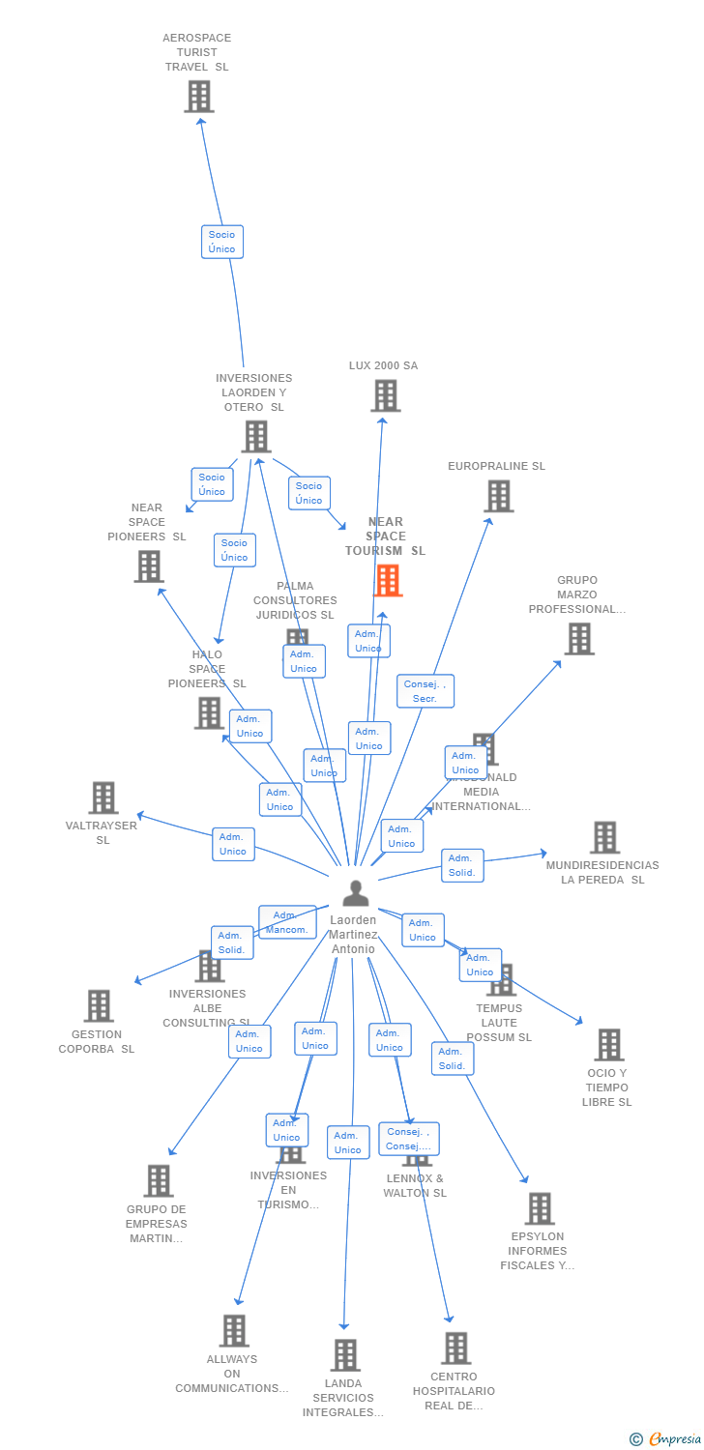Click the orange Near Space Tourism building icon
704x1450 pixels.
(x=388, y=581)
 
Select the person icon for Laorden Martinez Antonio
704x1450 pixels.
(x=356, y=893)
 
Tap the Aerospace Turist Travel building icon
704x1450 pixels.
(x=199, y=97)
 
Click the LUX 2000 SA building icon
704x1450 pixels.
(x=385, y=395)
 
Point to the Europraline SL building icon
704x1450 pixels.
(x=498, y=496)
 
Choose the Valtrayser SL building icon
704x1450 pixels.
(x=103, y=798)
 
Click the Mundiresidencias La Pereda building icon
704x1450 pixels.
(x=604, y=838)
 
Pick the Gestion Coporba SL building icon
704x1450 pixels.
(x=98, y=1005)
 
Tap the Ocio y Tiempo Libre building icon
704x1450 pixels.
(x=608, y=1045)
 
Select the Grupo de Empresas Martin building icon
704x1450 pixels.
(x=159, y=1180)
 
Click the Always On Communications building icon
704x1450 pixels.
(x=233, y=1331)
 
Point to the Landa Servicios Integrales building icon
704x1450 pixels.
(x=345, y=1355)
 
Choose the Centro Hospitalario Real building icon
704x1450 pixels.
(x=455, y=1348)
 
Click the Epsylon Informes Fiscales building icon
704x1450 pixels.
(x=539, y=1208)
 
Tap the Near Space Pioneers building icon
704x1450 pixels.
(x=149, y=566)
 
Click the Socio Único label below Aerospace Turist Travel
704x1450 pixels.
(x=221, y=242)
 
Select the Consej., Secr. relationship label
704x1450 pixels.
(x=425, y=691)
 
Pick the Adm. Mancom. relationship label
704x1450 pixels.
(x=286, y=922)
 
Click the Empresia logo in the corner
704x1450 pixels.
(x=666, y=1439)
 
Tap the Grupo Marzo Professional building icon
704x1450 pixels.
(x=578, y=639)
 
